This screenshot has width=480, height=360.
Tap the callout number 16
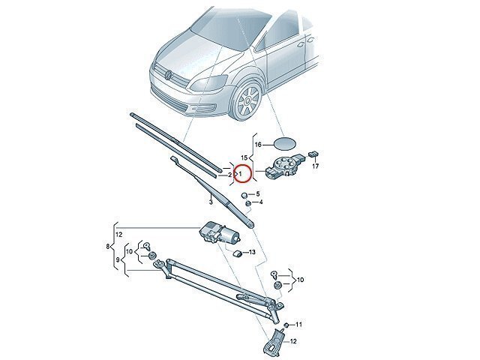(x=258, y=145)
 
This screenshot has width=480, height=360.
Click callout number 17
(x=315, y=166)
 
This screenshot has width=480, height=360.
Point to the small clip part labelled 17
(x=313, y=153)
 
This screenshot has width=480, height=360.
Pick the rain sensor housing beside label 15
(x=285, y=166)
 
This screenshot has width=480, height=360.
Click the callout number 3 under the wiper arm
(x=211, y=202)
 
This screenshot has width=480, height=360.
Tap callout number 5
(x=258, y=193)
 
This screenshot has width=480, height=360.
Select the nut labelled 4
(x=249, y=203)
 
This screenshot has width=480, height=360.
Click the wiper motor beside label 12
(x=219, y=233)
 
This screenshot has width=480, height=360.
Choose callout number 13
(x=252, y=252)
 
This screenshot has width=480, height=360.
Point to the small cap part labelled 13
(x=237, y=253)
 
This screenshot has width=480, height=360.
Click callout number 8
(x=107, y=246)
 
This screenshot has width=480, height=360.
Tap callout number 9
(x=118, y=260)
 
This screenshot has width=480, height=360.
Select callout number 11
(x=299, y=324)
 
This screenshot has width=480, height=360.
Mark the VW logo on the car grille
(x=168, y=75)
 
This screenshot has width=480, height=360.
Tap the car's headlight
(x=208, y=83)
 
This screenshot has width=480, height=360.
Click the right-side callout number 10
(x=300, y=280)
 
